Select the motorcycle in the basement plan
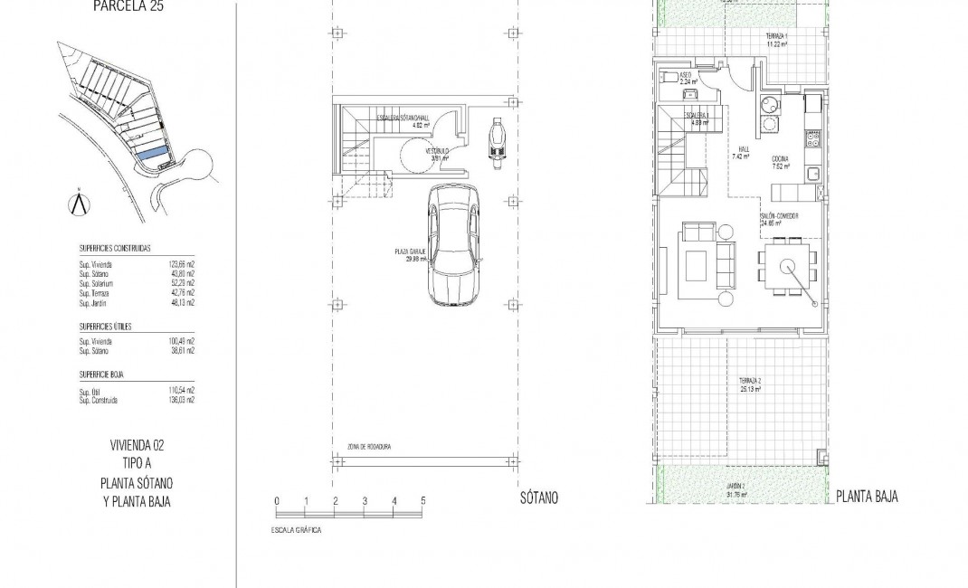[495, 143]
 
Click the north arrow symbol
[79, 203]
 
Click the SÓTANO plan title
[539, 498]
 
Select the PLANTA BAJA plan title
[867, 497]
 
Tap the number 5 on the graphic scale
[422, 501]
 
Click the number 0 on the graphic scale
[277, 501]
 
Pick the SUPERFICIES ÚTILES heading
[106, 326]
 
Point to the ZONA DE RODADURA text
[369, 447]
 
